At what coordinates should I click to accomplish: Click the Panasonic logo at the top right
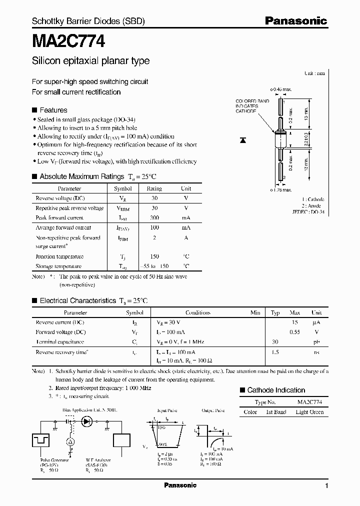295,20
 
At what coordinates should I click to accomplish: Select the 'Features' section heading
53,110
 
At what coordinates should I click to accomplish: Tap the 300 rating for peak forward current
154,218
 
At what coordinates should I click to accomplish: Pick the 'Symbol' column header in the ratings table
122,189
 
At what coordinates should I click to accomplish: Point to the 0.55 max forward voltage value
295,332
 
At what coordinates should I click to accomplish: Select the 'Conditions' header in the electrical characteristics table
197,312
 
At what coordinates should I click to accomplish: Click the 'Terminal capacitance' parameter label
59,341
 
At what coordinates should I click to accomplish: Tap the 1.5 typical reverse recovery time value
275,352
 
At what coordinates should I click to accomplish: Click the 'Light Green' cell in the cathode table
309,412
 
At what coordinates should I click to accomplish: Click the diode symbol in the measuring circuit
88,421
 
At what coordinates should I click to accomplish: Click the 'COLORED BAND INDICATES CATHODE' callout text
252,106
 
